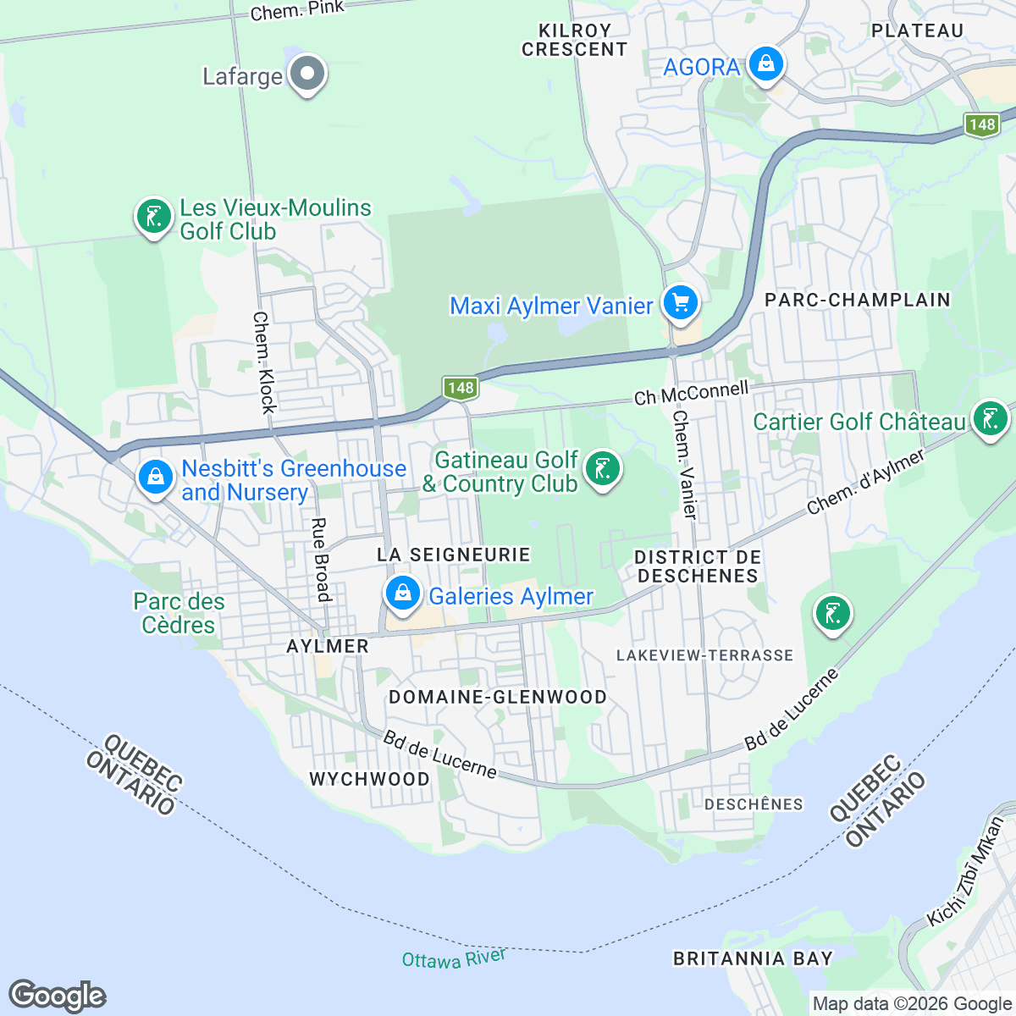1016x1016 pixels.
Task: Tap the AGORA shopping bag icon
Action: point(765,64)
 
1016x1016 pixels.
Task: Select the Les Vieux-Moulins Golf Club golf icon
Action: point(154,218)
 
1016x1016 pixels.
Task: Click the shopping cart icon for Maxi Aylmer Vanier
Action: point(680,303)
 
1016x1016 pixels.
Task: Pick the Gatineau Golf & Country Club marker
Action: point(603,469)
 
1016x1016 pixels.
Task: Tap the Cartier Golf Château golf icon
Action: point(989,418)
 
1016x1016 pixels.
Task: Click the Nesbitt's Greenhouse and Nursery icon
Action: point(156,478)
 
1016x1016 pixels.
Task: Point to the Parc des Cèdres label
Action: point(179,613)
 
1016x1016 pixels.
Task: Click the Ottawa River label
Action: point(454,958)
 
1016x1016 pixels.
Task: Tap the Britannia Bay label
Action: point(753,958)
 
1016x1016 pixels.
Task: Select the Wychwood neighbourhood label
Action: point(369,779)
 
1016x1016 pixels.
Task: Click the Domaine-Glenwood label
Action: point(497,697)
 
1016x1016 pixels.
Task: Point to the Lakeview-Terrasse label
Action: point(704,655)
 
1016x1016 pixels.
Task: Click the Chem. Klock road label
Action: point(265,362)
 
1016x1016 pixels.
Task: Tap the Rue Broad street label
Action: point(321,559)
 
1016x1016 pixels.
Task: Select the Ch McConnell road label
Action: point(692,393)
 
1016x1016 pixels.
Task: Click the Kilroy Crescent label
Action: point(574,40)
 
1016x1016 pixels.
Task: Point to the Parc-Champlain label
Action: point(857,300)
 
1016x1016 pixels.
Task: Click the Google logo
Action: point(58,996)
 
